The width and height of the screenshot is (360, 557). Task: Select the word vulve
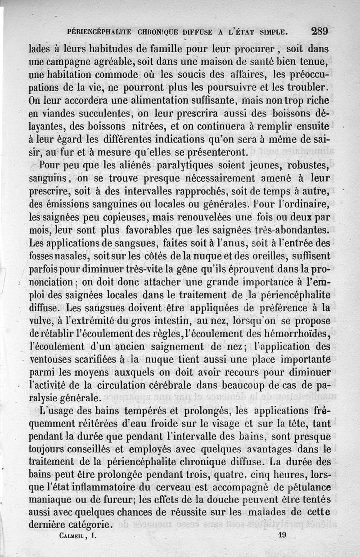(x=39, y=321)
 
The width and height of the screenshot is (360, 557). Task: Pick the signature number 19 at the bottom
(x=282, y=535)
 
